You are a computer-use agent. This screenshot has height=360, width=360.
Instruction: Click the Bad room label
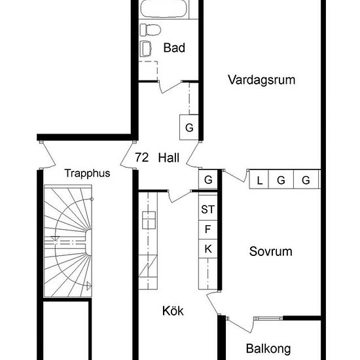[174, 48]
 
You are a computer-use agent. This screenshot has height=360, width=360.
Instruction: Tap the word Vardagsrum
[261, 80]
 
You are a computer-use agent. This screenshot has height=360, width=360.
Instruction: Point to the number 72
[141, 157]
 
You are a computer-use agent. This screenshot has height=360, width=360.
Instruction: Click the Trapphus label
[87, 173]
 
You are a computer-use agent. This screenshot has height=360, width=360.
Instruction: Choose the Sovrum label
[270, 251]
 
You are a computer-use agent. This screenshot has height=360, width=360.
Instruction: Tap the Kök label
[173, 312]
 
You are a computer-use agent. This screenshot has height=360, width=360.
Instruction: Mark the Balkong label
[268, 349]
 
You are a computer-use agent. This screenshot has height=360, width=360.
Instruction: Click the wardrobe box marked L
[259, 180]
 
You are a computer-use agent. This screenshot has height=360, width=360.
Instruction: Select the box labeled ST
[208, 210]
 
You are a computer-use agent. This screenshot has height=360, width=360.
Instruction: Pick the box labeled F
[208, 229]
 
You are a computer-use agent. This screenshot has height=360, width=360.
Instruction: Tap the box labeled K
[208, 249]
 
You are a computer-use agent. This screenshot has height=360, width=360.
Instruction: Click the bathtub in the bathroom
[164, 10]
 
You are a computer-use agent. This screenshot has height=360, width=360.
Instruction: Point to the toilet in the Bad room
[149, 29]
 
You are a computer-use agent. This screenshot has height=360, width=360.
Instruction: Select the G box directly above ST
[208, 179]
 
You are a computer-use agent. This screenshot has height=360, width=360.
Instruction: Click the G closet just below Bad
[189, 128]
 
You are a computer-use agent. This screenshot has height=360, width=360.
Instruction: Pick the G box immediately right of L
[281, 180]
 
